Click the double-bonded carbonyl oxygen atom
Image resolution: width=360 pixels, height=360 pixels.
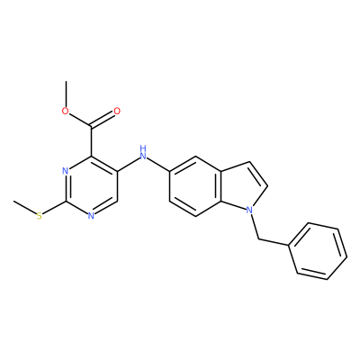point(117,112)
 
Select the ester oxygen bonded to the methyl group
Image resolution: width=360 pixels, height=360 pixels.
point(66,112)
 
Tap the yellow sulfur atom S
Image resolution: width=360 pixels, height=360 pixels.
point(40,216)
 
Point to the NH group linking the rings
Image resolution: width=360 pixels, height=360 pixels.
point(143,153)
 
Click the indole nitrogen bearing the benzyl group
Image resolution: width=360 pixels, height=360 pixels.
point(248,210)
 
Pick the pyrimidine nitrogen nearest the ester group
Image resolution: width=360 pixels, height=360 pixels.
point(66,171)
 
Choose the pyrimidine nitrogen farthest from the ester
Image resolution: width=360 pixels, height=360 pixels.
point(92,216)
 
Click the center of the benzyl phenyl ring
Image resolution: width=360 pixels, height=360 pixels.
point(318,251)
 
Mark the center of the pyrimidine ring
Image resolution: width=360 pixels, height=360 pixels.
point(92,186)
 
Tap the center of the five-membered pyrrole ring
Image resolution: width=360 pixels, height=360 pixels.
point(242,186)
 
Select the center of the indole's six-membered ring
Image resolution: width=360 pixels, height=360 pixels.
point(195,186)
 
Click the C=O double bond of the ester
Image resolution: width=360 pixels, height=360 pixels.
point(103,119)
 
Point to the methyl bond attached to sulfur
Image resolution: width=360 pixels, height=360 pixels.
point(25,207)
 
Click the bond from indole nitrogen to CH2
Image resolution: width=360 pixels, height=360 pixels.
point(254,227)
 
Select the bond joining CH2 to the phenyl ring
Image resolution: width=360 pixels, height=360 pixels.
point(274,243)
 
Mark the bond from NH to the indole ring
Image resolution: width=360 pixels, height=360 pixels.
point(158,165)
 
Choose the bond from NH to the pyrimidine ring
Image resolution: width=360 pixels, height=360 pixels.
point(129,165)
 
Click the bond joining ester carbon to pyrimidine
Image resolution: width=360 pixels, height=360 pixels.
point(92,141)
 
